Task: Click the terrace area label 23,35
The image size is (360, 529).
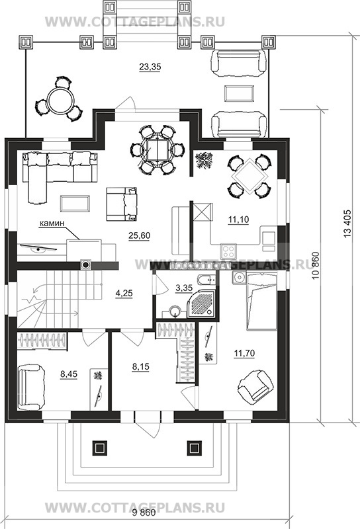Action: click(150, 67)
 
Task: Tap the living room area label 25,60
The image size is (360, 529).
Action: click(139, 235)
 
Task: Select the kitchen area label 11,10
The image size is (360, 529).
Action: click(238, 220)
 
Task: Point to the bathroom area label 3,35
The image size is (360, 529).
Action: click(184, 288)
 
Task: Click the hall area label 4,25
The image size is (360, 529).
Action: click(124, 293)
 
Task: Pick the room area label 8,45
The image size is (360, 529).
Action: click(69, 374)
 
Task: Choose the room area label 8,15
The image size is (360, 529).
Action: click(140, 366)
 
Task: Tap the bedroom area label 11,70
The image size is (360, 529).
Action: click(244, 353)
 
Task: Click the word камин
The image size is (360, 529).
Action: click(52, 223)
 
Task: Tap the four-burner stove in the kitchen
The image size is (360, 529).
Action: click(228, 251)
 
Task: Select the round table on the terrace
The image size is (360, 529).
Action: click(61, 100)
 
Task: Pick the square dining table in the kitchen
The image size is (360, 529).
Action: click(251, 177)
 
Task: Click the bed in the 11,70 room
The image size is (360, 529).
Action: click(261, 301)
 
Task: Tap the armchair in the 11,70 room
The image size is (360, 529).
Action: click(255, 387)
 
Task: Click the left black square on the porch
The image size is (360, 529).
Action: click(99, 448)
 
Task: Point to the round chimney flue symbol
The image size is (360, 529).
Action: click(86, 265)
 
